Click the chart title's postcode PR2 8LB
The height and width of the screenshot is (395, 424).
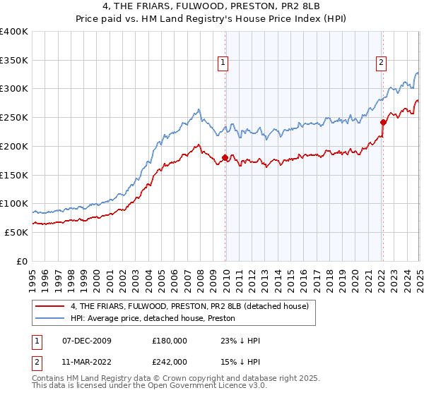tap(303, 6)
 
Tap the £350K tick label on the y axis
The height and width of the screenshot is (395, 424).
tap(14, 61)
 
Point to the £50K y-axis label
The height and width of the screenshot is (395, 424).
tap(17, 232)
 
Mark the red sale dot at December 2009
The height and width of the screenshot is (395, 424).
tap(225, 157)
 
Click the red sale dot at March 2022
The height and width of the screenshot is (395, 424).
tap(383, 122)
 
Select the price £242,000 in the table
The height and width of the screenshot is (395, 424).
tap(170, 361)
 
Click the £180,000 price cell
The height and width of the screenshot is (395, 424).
tap(170, 341)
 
